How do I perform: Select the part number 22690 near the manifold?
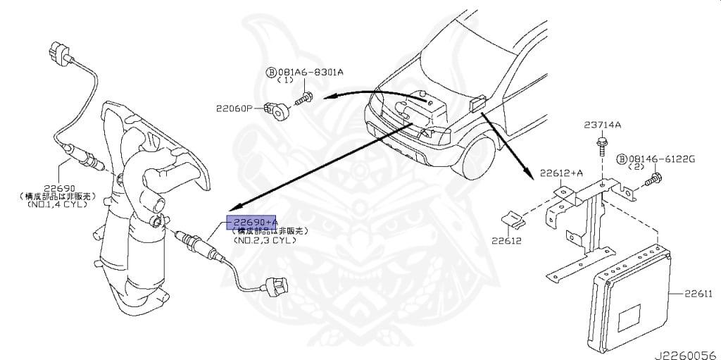(x=59, y=188)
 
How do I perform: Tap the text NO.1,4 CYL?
(x=59, y=205)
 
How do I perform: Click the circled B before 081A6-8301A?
(x=270, y=72)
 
